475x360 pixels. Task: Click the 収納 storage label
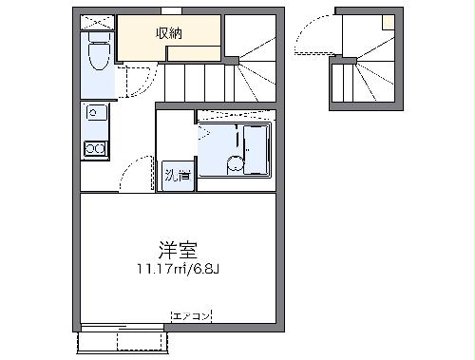(x=170, y=33)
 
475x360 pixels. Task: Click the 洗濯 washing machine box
(x=177, y=176)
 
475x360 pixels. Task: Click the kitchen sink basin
(x=94, y=113)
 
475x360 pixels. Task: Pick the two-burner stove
(x=95, y=148)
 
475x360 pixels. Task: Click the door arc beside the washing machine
(x=138, y=173)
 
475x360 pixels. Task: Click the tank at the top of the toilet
(x=97, y=41)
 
